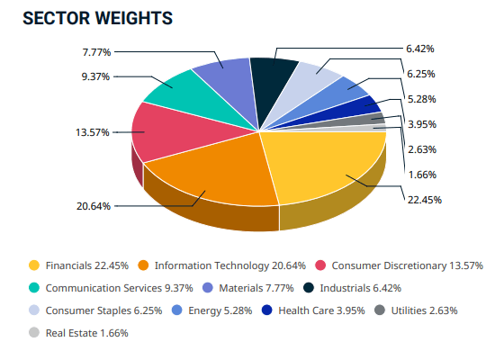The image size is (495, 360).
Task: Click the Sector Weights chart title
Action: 97,17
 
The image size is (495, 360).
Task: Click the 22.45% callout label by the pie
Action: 423,200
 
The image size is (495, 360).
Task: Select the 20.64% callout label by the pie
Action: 94,206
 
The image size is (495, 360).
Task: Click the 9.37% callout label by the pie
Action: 94,76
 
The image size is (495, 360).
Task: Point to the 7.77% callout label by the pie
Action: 94,51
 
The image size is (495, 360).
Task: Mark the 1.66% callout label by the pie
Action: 423,175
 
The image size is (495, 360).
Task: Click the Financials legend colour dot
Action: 34,265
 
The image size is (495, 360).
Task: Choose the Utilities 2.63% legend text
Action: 422,310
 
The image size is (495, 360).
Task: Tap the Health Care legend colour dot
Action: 267,310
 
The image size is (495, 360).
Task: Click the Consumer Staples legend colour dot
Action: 34,310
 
